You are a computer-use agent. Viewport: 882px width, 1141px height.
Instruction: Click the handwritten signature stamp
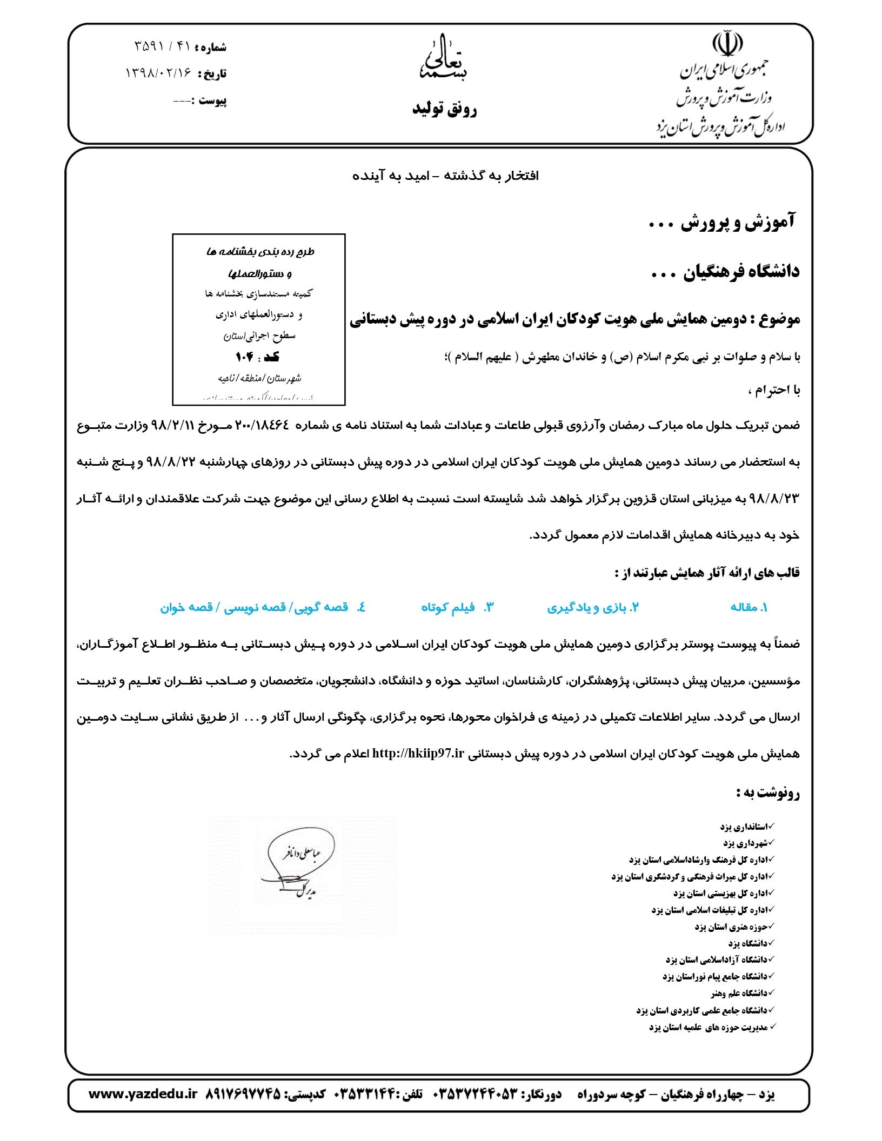click(303, 875)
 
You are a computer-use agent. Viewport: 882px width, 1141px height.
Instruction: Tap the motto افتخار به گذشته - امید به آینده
click(446, 176)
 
